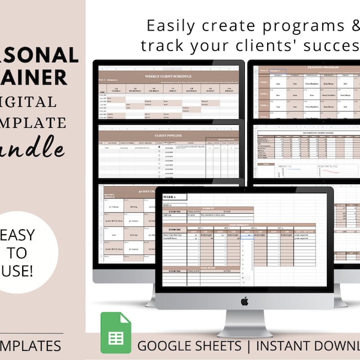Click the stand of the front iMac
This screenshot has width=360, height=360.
click(244, 323)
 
